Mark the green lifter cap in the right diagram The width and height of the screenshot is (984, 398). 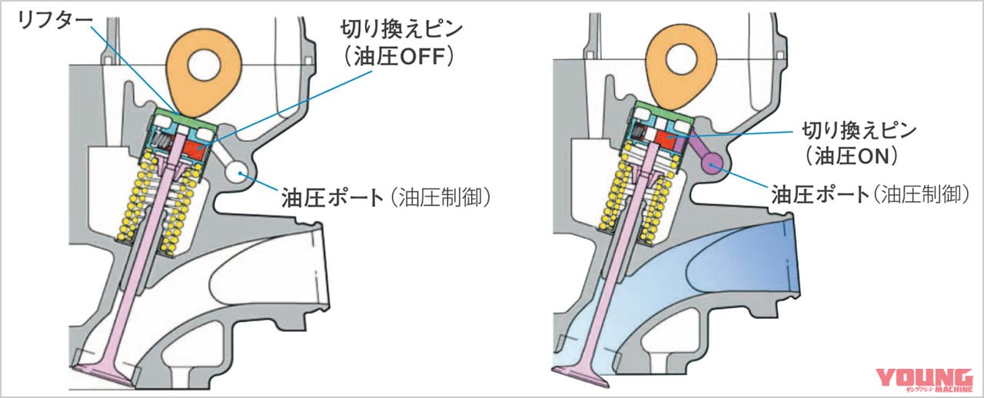[x=657, y=109]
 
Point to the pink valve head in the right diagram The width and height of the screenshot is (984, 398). [x=582, y=375]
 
